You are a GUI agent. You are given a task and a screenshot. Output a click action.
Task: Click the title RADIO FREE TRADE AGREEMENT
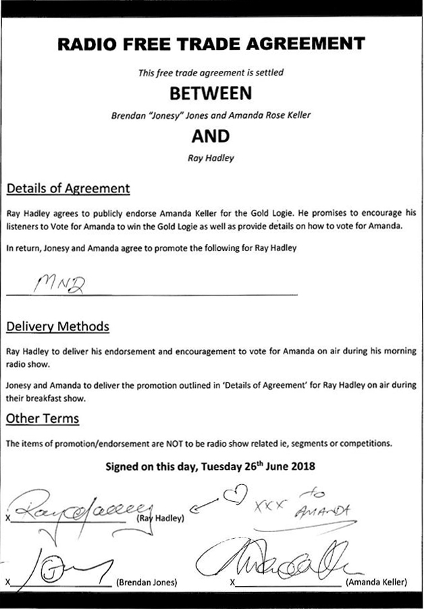[x=211, y=45]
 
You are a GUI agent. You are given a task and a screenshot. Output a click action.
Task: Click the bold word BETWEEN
[x=211, y=92]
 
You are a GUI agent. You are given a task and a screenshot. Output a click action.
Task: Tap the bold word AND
[x=211, y=136]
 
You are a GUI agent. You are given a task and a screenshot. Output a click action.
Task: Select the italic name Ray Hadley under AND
[x=211, y=160]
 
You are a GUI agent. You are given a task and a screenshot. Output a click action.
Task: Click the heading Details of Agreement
[x=68, y=187]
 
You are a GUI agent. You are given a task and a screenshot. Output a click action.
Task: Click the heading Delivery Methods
[x=57, y=327]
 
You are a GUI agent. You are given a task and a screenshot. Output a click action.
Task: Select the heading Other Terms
[x=43, y=419]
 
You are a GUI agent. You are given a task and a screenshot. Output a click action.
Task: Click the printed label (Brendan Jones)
[x=147, y=582]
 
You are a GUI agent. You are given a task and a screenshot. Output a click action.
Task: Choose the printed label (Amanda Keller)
[x=376, y=582]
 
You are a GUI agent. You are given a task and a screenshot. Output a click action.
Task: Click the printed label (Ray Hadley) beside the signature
[x=160, y=519]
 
